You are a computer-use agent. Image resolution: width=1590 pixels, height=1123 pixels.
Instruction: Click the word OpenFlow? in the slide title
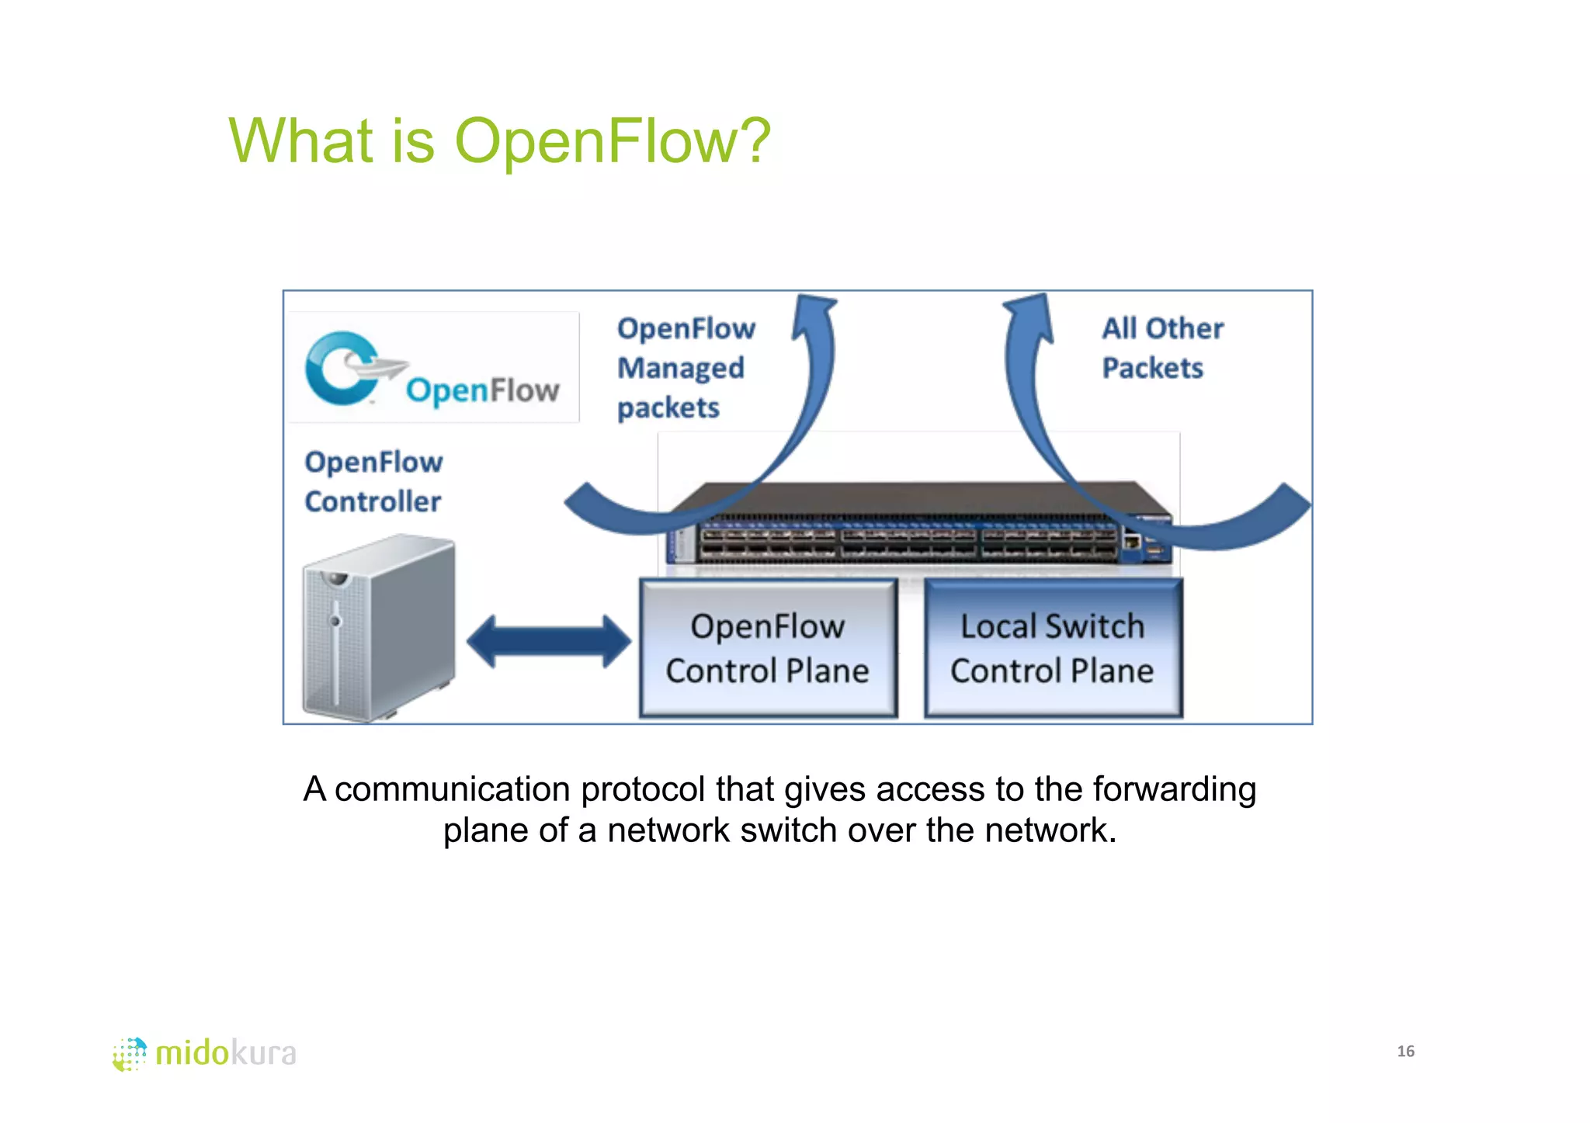[x=612, y=141]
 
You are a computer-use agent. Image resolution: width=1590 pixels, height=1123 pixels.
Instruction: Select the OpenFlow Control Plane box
[x=767, y=648]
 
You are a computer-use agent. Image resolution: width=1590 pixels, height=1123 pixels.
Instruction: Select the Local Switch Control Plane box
[x=1052, y=648]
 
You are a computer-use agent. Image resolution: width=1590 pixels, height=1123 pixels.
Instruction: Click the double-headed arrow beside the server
[x=548, y=641]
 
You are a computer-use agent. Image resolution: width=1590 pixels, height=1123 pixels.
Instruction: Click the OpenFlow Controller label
[x=373, y=482]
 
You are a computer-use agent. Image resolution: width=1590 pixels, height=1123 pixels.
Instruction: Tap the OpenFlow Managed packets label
[x=685, y=368]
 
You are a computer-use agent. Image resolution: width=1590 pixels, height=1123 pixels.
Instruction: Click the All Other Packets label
[x=1162, y=348]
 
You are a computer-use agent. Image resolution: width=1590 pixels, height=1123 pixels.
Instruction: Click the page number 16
[x=1405, y=1051]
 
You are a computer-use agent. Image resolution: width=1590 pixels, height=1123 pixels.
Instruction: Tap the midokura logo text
[x=226, y=1053]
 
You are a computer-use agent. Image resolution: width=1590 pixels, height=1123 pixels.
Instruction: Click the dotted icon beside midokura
[x=130, y=1054]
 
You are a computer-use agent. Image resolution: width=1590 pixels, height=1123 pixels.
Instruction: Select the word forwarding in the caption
[x=1174, y=789]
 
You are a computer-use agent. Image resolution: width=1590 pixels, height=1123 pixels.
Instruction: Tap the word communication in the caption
[x=453, y=789]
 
